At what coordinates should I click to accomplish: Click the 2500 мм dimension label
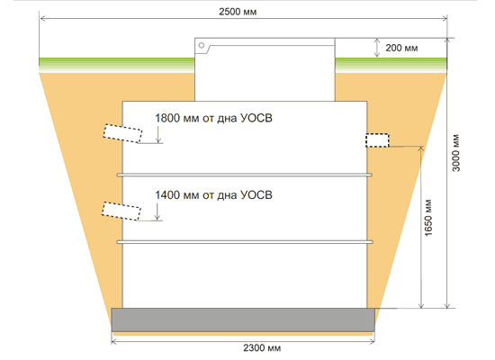[238, 12]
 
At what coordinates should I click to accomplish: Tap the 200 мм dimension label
[401, 48]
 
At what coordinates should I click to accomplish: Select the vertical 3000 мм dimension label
[456, 153]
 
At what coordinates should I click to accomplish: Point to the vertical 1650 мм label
[428, 218]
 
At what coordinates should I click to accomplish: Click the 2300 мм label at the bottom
[262, 348]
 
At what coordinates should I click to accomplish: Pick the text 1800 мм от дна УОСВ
[213, 118]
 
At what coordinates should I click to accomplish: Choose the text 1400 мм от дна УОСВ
[213, 195]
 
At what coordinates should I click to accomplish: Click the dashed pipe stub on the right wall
[378, 140]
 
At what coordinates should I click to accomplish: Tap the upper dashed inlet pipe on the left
[122, 133]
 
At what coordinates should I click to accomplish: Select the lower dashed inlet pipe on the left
[121, 211]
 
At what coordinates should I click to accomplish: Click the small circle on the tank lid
[202, 45]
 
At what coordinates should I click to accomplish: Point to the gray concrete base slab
[243, 319]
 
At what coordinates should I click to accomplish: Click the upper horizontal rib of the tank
[245, 175]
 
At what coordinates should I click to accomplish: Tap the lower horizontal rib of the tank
[245, 242]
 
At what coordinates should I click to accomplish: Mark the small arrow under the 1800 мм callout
[158, 134]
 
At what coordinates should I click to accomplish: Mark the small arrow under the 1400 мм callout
[157, 211]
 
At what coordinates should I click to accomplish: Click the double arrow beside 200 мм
[376, 48]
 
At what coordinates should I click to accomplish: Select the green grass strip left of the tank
[117, 65]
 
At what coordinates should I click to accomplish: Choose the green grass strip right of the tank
[391, 65]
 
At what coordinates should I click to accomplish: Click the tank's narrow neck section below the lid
[265, 77]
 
